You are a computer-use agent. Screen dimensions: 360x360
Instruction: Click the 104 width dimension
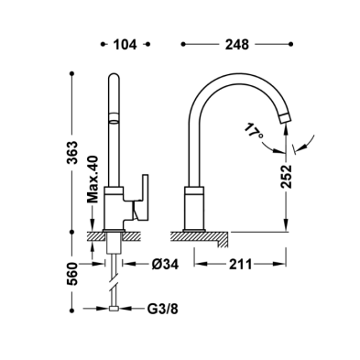125,45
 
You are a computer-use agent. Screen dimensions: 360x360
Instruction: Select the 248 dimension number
237,45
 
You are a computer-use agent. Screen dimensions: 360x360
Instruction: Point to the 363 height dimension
72,152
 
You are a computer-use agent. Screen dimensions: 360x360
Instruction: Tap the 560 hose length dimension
72,273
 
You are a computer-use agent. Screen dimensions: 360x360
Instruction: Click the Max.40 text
93,180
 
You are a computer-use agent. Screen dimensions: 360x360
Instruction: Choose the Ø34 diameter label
165,265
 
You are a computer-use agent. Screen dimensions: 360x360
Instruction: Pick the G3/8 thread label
163,310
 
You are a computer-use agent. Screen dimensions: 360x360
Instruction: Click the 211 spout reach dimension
241,265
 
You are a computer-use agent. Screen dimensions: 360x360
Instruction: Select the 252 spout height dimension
287,177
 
